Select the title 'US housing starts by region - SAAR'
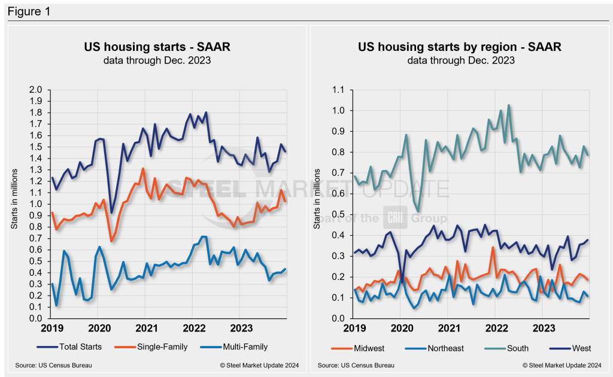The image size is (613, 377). coord(460,47)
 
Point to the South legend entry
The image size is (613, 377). coord(509,346)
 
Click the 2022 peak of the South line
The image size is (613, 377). coord(509,105)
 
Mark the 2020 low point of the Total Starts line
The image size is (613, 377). coord(111,212)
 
